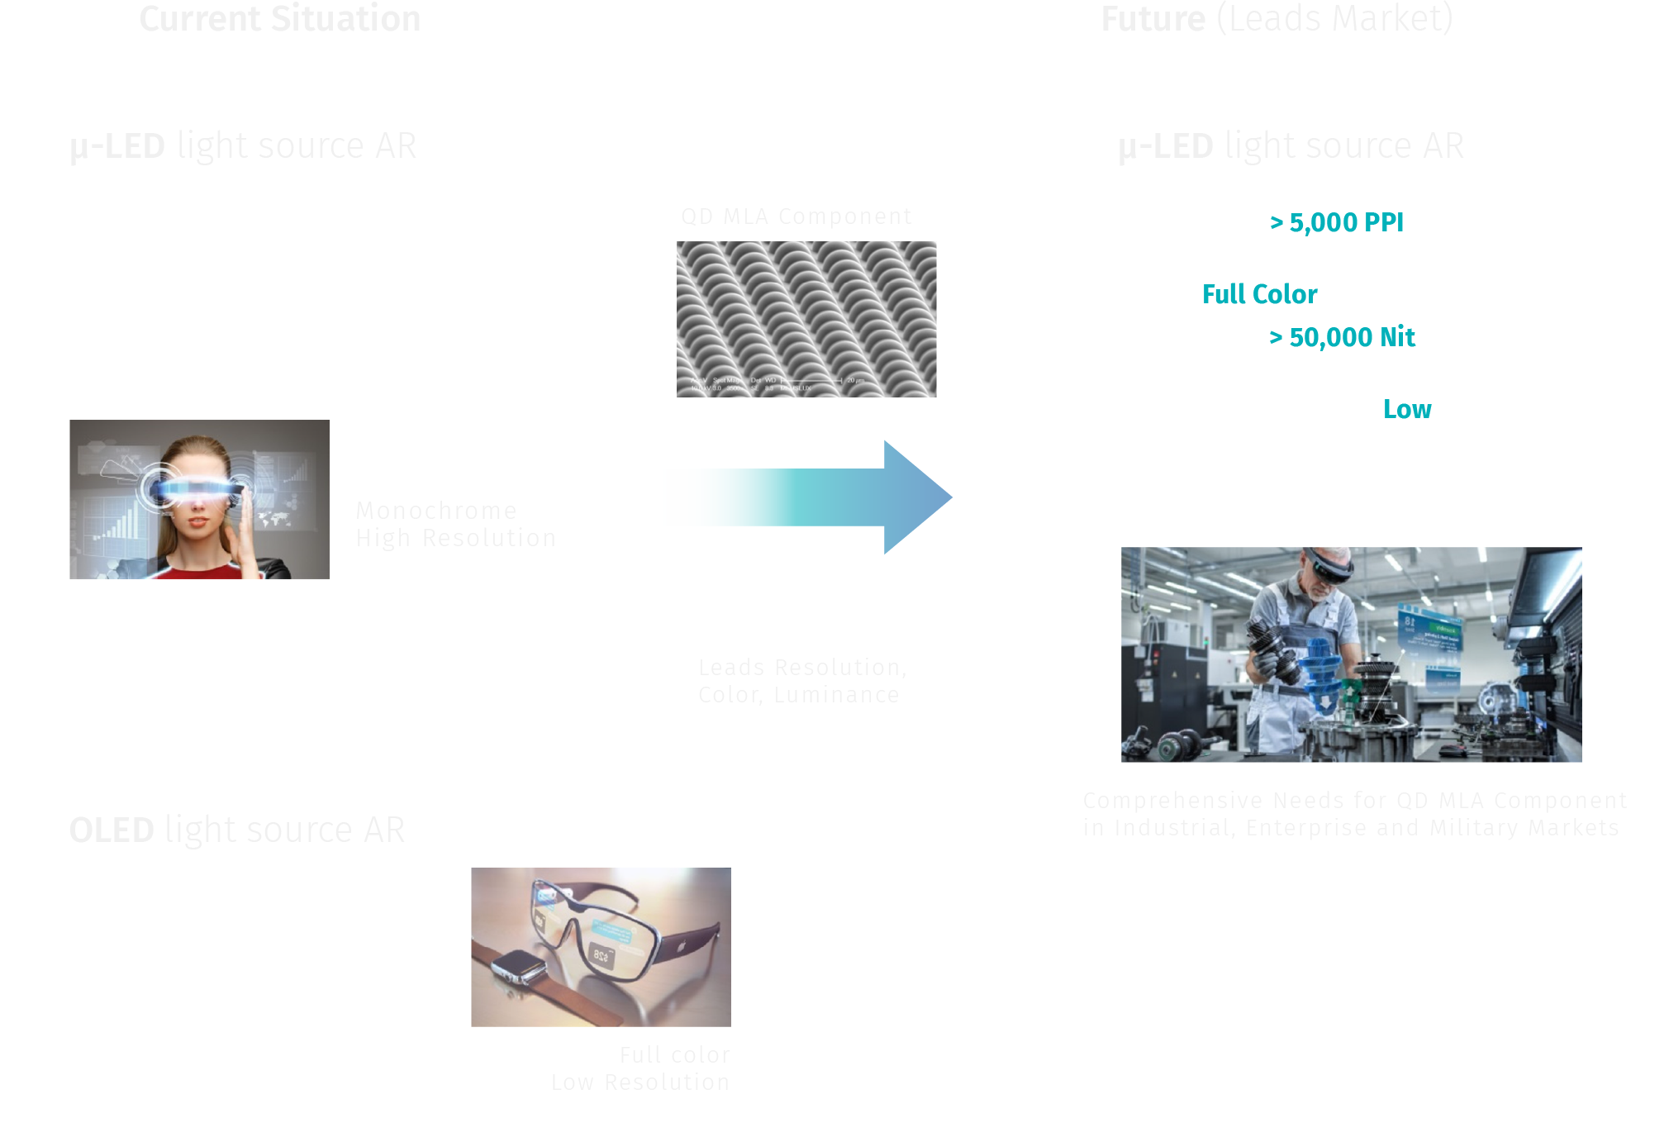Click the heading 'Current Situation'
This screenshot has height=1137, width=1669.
(280, 19)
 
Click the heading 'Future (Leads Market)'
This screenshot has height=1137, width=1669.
(1277, 19)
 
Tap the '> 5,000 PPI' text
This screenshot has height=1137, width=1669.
(1336, 222)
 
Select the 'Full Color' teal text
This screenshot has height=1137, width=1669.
(1259, 294)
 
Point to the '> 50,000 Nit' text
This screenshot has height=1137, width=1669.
(1342, 337)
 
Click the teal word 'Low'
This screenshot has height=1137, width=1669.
(1407, 409)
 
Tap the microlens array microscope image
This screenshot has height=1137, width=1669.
(806, 319)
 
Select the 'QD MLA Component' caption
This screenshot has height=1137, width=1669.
(796, 216)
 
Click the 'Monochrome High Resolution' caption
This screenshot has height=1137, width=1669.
(455, 524)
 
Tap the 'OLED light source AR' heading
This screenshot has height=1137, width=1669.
(237, 830)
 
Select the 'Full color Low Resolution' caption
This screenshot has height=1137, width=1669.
(641, 1068)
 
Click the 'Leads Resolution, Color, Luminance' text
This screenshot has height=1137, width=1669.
(801, 681)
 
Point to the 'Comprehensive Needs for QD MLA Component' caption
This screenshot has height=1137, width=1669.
(1355, 801)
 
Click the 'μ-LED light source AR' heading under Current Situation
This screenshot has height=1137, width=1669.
(243, 146)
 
